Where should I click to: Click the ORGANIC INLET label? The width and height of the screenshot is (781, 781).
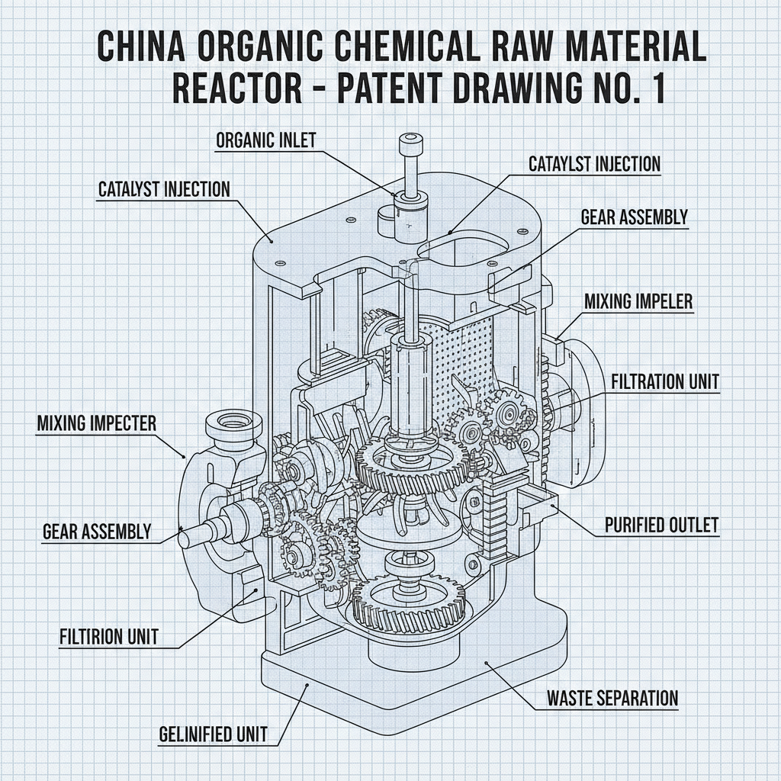coord(265,140)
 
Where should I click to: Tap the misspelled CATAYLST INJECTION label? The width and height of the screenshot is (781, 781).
coord(594,163)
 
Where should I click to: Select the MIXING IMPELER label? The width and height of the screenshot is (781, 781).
coord(638,301)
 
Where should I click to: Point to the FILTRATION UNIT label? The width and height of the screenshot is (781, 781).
coord(665,381)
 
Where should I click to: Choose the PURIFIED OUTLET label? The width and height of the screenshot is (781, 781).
coord(661,525)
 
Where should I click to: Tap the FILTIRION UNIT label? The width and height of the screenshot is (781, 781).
coord(108,636)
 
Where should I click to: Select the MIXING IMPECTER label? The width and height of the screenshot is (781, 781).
coord(96,422)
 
